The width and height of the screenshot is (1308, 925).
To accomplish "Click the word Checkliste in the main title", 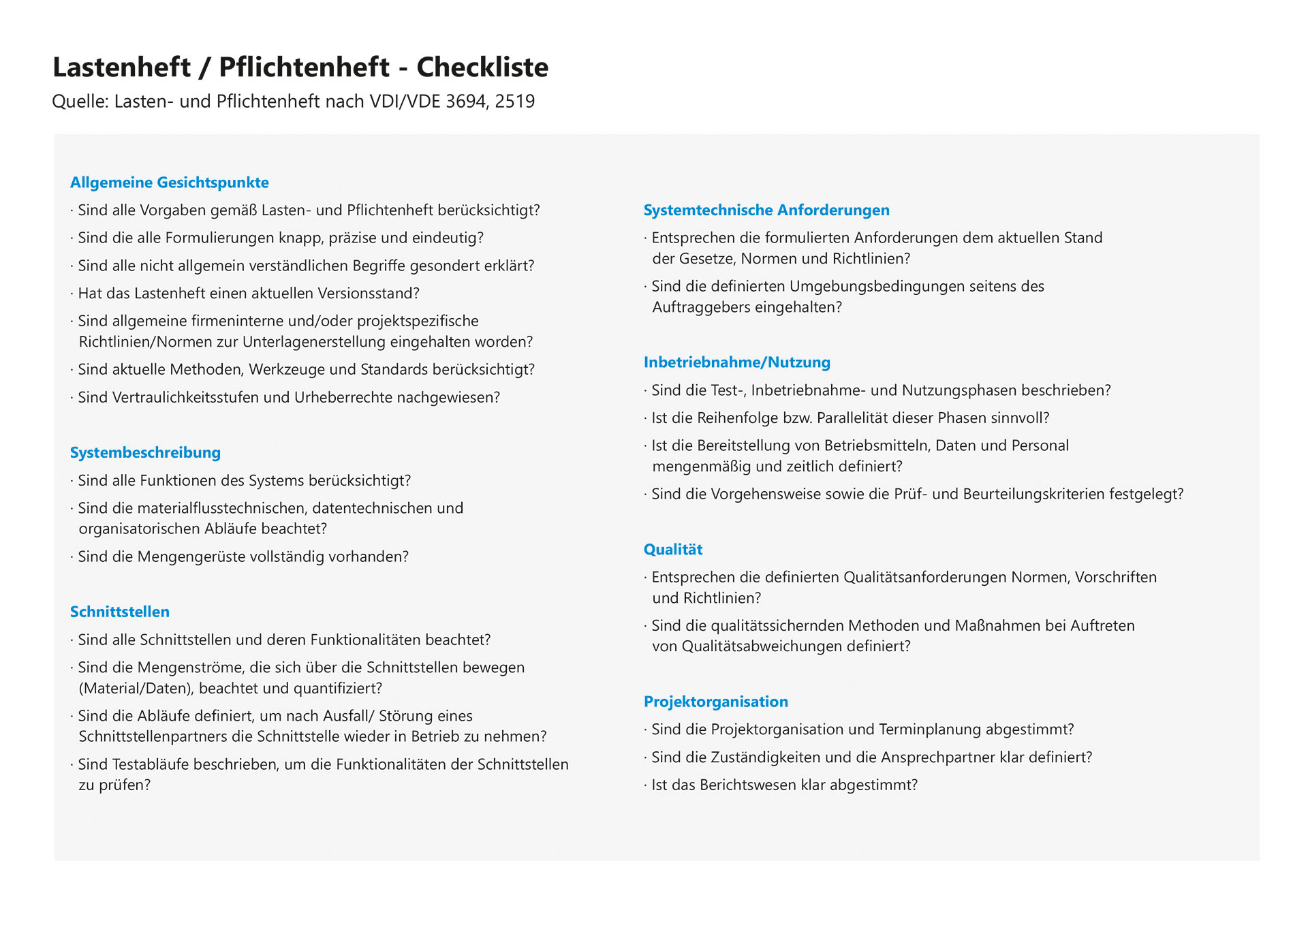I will point(482,67).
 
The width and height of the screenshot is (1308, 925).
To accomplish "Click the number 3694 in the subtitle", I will point(465,101).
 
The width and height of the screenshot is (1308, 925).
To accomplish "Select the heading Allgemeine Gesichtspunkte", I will point(170,183).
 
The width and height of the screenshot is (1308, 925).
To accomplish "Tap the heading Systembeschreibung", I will point(145,453).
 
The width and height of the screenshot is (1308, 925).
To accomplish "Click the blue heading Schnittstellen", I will point(120,612).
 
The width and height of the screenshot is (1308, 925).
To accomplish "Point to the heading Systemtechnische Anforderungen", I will point(766,210).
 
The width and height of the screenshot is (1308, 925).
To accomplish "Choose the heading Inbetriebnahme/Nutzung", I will point(737,362).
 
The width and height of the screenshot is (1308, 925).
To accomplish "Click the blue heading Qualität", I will point(673,550).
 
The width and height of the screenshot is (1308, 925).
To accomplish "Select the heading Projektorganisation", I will point(716,702).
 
